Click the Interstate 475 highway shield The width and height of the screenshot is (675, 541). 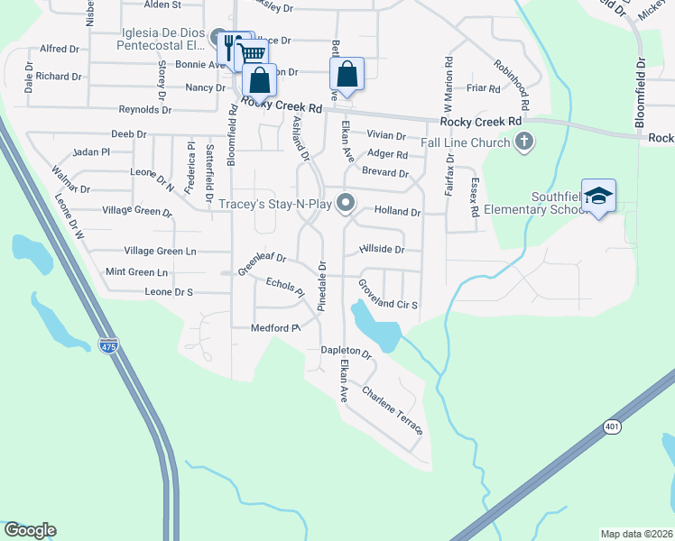[x=109, y=346]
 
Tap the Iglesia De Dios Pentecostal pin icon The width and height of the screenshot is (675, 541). [x=217, y=38]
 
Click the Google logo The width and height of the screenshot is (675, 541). [x=30, y=530]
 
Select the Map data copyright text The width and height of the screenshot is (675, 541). [x=637, y=533]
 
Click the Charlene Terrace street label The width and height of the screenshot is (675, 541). [x=392, y=409]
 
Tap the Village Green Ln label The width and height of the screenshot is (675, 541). [x=160, y=251]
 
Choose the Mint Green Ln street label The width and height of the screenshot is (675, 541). [x=137, y=271]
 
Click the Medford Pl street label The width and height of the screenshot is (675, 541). [x=275, y=328]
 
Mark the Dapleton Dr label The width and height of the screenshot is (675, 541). [x=347, y=353]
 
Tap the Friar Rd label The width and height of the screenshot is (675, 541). [x=484, y=88]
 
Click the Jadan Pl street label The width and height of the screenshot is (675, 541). [x=90, y=151]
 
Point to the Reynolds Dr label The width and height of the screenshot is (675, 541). [x=145, y=110]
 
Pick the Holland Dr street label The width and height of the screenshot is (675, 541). [x=397, y=213]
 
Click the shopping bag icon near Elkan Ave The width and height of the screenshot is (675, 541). [x=347, y=75]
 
